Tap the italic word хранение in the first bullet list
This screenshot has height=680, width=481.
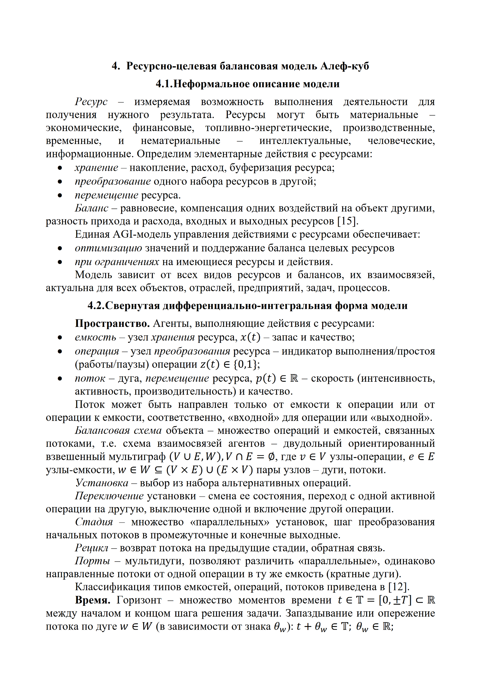tap(96, 168)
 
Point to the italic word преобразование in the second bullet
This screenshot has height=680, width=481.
tap(113, 181)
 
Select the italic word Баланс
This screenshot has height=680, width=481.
tap(92, 208)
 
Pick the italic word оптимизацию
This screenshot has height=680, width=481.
tap(108, 248)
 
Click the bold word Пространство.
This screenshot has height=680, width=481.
tap(112, 324)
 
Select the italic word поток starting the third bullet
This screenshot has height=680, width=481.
tap(90, 378)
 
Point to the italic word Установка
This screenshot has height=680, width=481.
tap(102, 483)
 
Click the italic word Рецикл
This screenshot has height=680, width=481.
tap(92, 548)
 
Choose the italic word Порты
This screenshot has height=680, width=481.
tap(93, 561)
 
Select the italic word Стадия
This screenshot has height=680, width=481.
tap(94, 522)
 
